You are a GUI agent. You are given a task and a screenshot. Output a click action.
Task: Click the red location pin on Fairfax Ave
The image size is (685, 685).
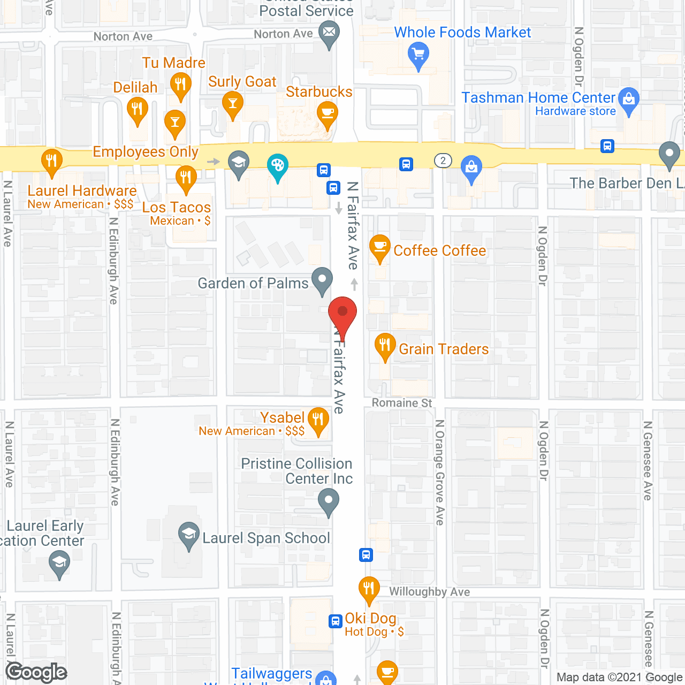(342, 313)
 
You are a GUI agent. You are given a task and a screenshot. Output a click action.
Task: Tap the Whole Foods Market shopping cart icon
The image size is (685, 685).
(418, 55)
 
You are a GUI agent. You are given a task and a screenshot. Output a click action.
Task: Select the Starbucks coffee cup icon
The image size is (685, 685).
(327, 113)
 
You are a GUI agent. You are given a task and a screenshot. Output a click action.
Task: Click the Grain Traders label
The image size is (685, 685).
(444, 349)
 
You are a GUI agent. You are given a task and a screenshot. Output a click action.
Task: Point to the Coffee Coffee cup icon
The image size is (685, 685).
(380, 247)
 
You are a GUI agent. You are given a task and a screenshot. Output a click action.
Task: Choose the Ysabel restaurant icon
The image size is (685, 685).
(318, 420)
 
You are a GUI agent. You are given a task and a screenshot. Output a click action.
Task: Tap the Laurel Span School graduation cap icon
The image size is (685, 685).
(188, 534)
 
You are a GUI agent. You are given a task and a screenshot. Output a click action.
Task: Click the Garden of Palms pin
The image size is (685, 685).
(322, 279)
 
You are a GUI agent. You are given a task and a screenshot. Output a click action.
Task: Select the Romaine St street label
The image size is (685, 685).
(402, 403)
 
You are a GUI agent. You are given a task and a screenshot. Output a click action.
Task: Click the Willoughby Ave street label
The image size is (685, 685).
(429, 592)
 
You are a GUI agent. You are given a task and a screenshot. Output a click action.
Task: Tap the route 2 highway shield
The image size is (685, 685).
(443, 161)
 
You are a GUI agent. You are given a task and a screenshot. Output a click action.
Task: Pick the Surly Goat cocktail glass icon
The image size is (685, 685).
(232, 102)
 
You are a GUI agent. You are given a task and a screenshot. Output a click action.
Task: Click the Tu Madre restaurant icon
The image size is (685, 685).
(181, 85)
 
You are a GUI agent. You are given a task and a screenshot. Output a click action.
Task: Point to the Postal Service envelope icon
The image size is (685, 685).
(329, 33)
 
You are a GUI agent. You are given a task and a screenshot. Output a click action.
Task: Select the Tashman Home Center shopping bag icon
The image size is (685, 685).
(629, 100)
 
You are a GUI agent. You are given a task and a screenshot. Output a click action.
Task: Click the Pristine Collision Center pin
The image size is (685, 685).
(329, 502)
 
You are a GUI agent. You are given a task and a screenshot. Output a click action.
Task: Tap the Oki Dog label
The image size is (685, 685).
(370, 619)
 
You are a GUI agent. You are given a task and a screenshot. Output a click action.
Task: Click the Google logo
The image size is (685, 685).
(36, 672)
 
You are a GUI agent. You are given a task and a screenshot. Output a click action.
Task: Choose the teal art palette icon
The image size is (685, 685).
(277, 165)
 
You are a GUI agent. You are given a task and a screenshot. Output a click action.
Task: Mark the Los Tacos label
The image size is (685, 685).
(177, 208)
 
